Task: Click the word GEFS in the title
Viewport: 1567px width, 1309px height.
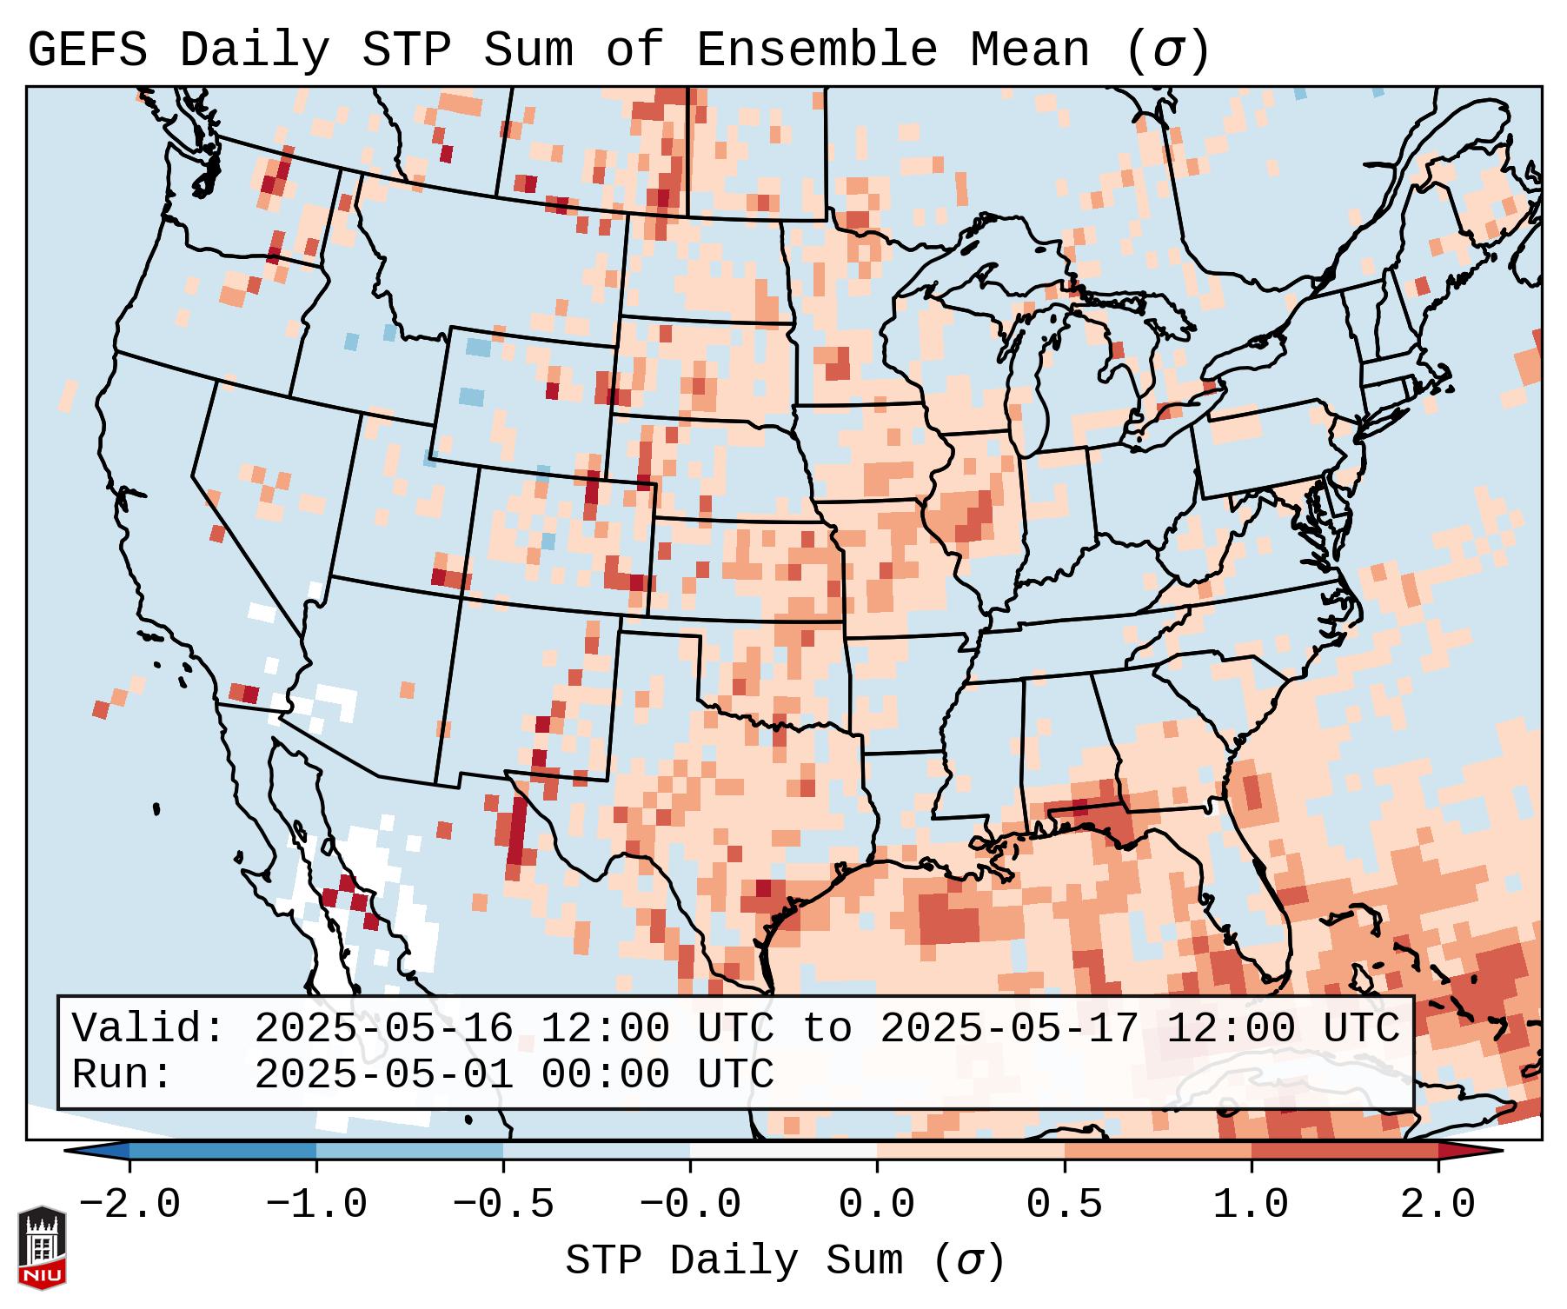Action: tap(87, 50)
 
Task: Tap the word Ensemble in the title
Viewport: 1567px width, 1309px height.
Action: tap(816, 50)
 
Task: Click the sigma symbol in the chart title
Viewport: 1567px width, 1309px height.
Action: tap(1167, 50)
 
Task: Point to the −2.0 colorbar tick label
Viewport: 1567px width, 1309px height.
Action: tap(129, 1205)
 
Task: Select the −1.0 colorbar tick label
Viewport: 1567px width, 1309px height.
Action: tap(316, 1205)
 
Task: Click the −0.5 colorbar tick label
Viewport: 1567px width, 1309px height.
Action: tap(503, 1205)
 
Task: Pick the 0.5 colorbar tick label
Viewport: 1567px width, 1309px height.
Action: tap(1065, 1205)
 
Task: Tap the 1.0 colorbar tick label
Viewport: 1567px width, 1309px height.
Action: tap(1252, 1205)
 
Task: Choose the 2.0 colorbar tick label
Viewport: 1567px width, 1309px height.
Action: tap(1438, 1205)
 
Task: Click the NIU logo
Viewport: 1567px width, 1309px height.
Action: tap(42, 1247)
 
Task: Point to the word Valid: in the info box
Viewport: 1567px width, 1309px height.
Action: tap(149, 1029)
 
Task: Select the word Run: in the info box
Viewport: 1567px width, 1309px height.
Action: tap(123, 1075)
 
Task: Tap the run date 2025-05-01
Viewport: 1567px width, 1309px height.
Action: tap(383, 1075)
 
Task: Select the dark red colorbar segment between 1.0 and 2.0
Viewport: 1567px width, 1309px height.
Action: tap(1345, 1151)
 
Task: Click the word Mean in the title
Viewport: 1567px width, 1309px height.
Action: tap(1030, 50)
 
